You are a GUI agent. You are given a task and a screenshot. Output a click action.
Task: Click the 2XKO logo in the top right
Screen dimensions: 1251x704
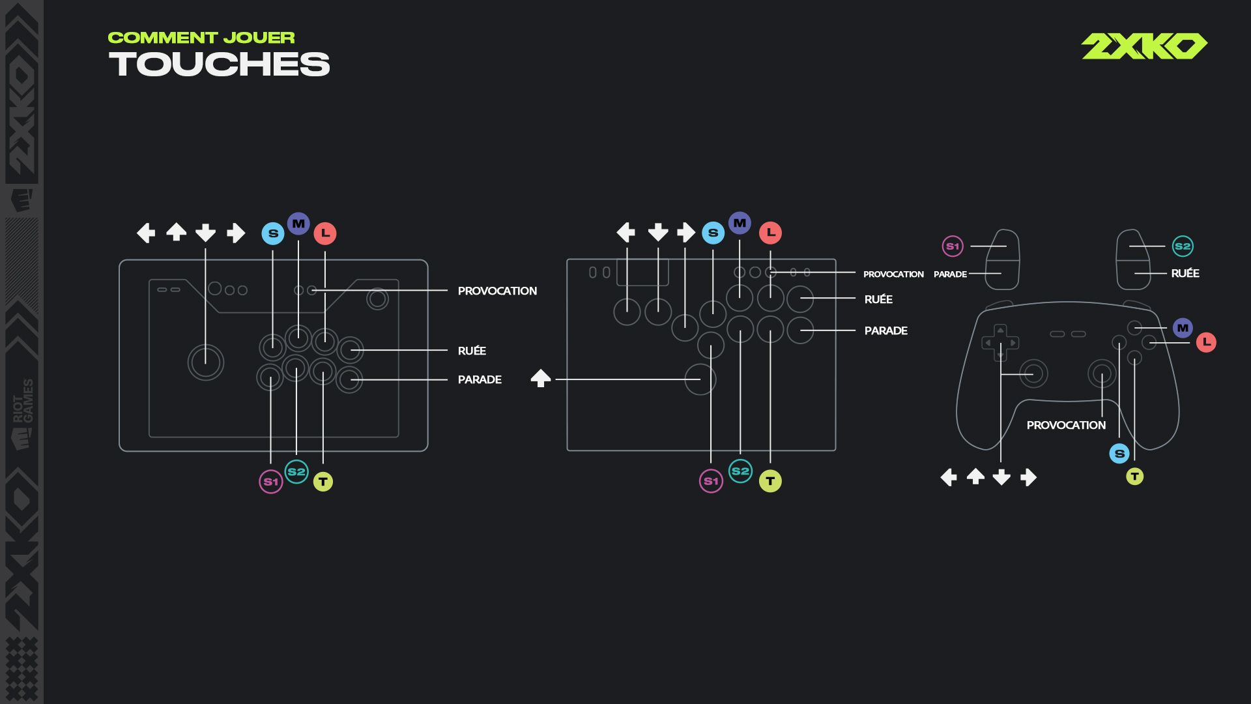[1144, 46]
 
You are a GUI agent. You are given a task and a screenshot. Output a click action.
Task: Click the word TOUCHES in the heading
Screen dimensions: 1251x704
[220, 65]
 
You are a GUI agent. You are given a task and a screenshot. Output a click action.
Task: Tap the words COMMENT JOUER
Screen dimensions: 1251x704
[201, 38]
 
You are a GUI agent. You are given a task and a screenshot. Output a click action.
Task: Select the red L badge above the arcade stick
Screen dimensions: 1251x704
[325, 233]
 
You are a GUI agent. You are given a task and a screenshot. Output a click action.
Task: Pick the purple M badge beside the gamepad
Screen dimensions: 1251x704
[1183, 328]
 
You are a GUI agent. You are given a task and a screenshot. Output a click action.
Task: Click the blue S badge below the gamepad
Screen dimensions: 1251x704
[1119, 454]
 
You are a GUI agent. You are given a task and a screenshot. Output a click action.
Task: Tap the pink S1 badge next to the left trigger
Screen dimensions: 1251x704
[953, 246]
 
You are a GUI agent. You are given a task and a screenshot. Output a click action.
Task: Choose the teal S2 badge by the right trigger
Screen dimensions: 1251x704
[1183, 246]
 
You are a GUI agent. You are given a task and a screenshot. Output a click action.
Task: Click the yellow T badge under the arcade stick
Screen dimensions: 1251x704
[323, 482]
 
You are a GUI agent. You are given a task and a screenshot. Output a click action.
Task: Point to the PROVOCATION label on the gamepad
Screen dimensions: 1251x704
[1066, 425]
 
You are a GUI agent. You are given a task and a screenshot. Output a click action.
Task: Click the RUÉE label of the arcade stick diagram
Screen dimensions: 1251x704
[472, 351]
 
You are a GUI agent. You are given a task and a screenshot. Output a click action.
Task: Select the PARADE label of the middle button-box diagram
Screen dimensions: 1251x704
[886, 330]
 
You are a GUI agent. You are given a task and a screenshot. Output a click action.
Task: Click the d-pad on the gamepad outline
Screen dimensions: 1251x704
[1000, 343]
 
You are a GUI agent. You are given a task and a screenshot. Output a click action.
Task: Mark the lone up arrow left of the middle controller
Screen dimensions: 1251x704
[541, 378]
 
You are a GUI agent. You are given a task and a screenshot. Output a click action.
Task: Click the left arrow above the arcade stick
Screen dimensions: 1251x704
[146, 233]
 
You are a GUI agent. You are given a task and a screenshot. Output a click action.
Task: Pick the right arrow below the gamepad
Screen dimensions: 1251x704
[1028, 478]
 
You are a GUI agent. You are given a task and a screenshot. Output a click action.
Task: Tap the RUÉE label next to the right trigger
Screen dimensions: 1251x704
[1185, 273]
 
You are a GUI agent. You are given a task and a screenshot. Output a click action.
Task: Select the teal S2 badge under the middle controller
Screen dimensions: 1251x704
[740, 471]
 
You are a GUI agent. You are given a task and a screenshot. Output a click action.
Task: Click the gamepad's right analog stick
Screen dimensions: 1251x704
[1102, 374]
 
